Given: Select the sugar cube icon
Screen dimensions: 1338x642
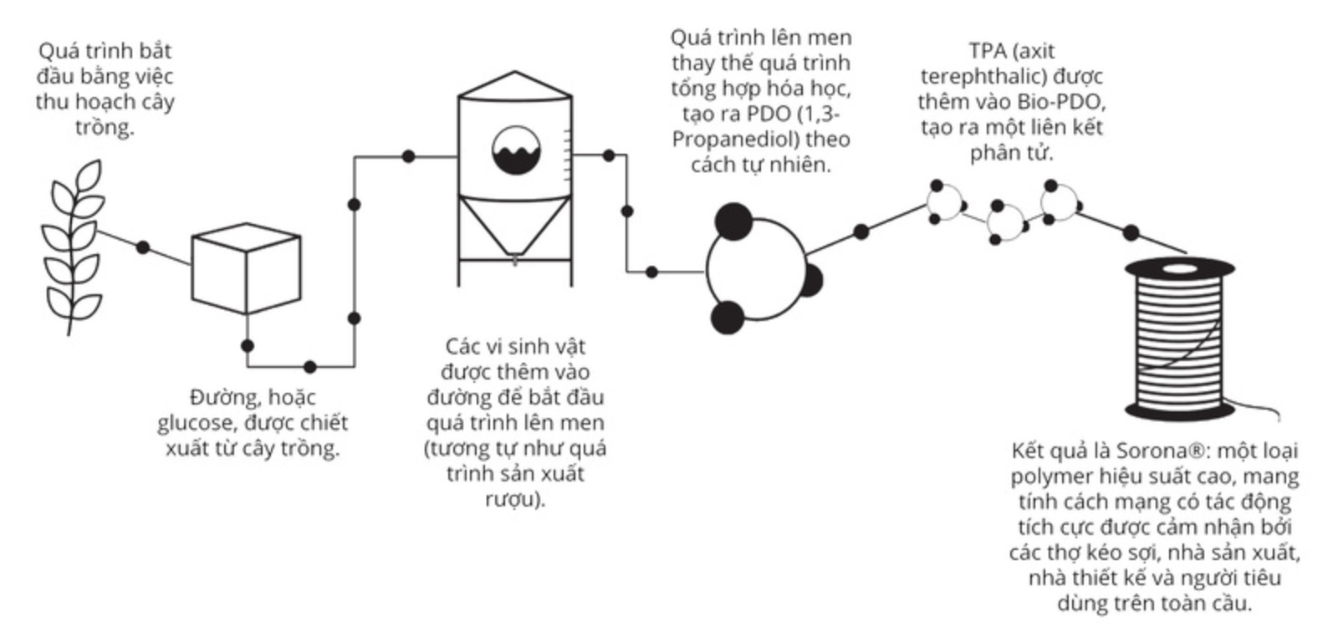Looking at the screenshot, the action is pyautogui.click(x=246, y=268).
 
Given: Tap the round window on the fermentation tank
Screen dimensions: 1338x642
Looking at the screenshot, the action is pyautogui.click(x=516, y=150).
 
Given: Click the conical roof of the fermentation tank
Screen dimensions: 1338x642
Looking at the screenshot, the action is pyautogui.click(x=515, y=84).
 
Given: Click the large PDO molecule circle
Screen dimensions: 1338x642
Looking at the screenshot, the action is pyautogui.click(x=757, y=268).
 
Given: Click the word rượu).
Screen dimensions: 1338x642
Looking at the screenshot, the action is pyautogui.click(x=515, y=500).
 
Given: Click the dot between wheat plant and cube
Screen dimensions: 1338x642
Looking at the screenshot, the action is pyautogui.click(x=143, y=247).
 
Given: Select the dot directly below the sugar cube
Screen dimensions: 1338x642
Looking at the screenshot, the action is pyautogui.click(x=248, y=346).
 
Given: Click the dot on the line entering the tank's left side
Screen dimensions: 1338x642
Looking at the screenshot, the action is pyautogui.click(x=408, y=156).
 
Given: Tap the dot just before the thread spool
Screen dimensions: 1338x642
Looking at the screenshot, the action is pyautogui.click(x=1131, y=233).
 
